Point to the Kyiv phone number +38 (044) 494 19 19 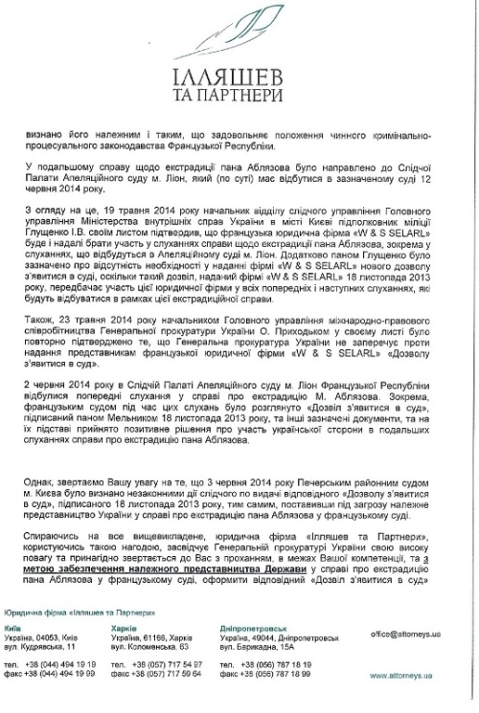click(x=63, y=662)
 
